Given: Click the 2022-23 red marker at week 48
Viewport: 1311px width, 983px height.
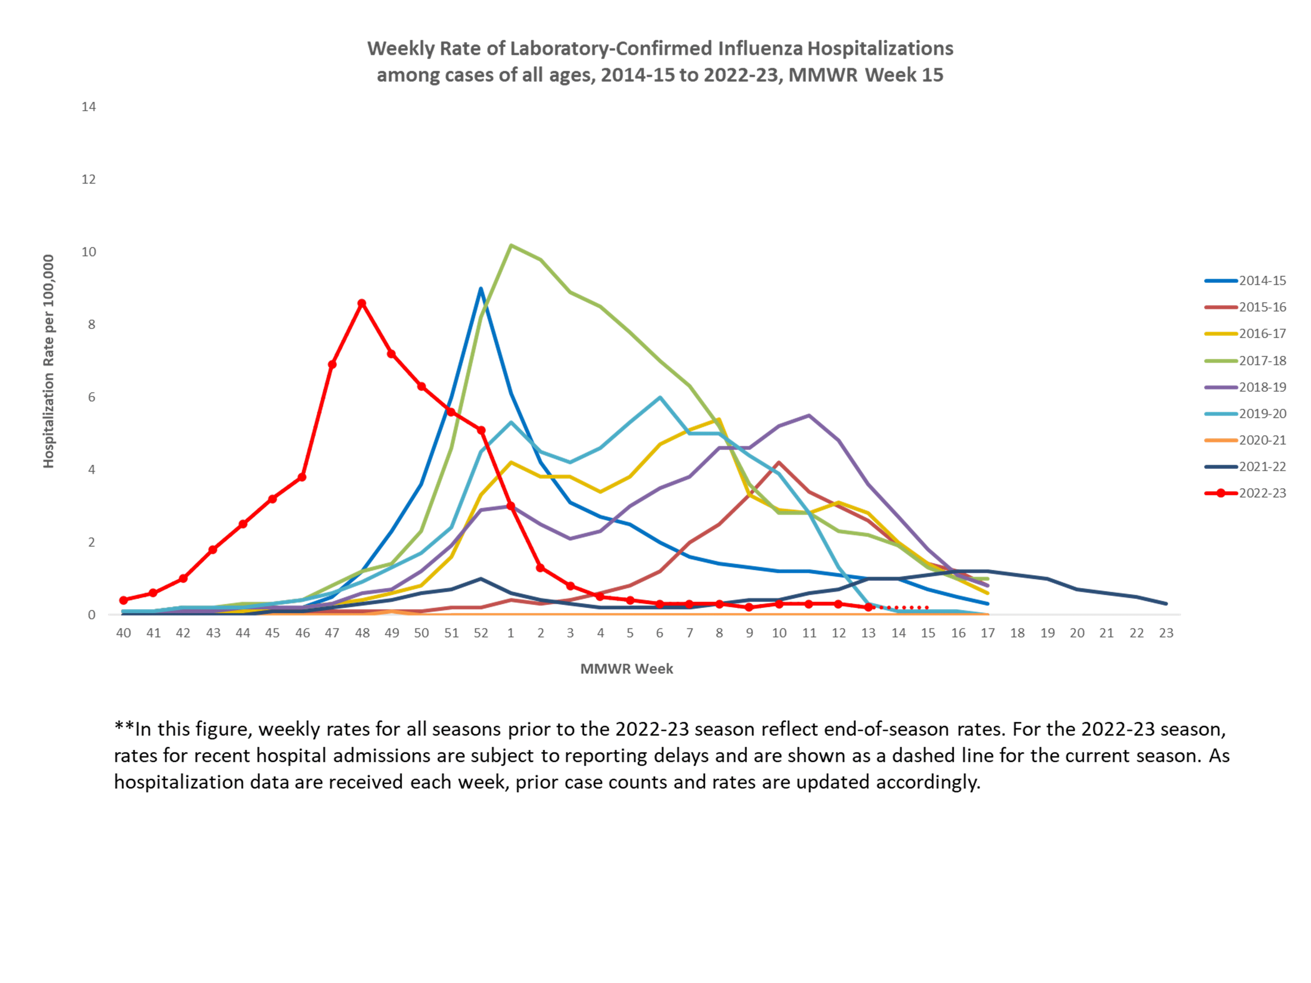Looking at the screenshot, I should pyautogui.click(x=362, y=303).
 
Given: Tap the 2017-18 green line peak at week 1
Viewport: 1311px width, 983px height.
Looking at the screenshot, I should pyautogui.click(x=511, y=245).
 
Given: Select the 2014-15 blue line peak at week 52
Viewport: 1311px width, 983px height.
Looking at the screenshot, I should pyautogui.click(x=481, y=289).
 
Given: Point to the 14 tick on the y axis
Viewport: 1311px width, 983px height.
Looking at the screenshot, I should pyautogui.click(x=89, y=107).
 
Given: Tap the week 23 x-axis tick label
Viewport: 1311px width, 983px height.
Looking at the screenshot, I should pyautogui.click(x=1166, y=633).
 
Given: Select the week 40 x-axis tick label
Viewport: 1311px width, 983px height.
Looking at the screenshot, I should pyautogui.click(x=123, y=633).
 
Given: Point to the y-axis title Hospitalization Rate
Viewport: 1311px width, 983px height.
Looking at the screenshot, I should pyautogui.click(x=49, y=361).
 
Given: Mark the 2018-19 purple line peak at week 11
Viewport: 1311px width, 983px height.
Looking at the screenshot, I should pyautogui.click(x=809, y=415).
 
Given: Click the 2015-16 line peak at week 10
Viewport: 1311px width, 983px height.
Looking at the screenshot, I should pyautogui.click(x=779, y=462).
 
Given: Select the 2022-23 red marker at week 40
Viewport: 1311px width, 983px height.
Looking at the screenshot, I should pyautogui.click(x=123, y=600).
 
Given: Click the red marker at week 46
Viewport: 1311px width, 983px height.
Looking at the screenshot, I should pyautogui.click(x=302, y=477).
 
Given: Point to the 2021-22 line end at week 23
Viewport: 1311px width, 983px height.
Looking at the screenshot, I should pyautogui.click(x=1166, y=604).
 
